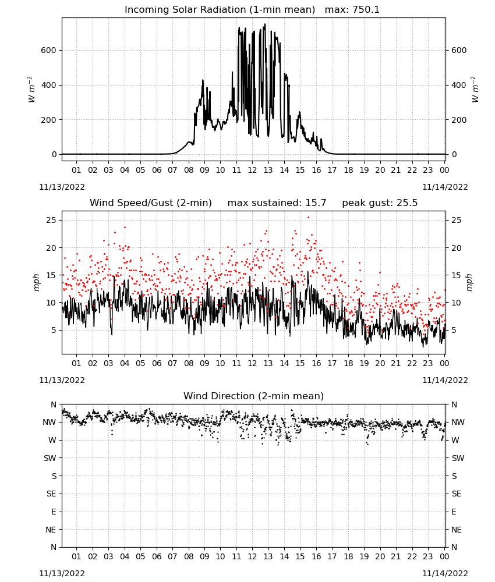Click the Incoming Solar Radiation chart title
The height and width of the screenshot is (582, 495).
coord(220,10)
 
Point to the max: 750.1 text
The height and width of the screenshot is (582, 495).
coord(352,10)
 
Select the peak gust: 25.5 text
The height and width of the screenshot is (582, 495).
coord(380,203)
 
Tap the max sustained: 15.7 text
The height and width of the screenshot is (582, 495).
coord(277,203)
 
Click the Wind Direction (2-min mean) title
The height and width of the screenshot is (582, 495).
coord(254,396)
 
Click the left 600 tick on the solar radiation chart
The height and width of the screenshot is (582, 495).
coord(48,50)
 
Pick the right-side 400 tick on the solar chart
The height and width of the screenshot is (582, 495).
coord(459,85)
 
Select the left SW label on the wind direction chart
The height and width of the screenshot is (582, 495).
coord(49,458)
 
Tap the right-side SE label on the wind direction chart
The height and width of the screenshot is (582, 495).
coord(457,494)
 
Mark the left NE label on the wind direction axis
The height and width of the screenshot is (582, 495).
coord(51,530)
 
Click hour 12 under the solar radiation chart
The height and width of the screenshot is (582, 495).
coord(252,170)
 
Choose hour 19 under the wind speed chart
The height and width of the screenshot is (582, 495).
coord(364,363)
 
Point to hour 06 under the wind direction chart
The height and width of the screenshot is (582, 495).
coord(157,556)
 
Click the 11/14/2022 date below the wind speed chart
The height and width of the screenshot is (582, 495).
coord(445,380)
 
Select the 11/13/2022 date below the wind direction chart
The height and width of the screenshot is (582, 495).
coord(62,573)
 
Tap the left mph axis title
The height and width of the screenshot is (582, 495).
coord(36,282)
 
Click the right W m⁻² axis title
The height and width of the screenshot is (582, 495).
coord(475,90)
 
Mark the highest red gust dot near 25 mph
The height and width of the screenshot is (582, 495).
coord(308,218)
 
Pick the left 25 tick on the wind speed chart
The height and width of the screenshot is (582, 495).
coord(51,220)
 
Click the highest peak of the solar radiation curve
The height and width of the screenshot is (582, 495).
coord(265,24)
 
